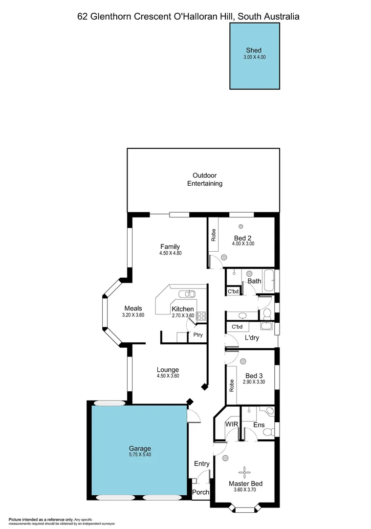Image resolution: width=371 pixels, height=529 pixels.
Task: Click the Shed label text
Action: tap(253, 50)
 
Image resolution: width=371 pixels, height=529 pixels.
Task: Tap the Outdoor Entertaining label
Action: tap(204, 179)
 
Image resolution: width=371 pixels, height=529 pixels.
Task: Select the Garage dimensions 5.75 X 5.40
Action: tap(140, 455)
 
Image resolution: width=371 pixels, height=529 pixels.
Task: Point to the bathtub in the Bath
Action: tap(268, 281)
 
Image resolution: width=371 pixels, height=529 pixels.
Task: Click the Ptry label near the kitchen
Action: tap(198, 336)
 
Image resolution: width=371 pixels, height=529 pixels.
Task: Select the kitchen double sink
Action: tap(187, 294)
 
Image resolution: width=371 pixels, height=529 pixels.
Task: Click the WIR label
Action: tap(231, 424)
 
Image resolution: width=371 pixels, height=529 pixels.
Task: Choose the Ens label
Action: tap(259, 425)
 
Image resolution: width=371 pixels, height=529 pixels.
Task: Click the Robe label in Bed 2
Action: tap(214, 235)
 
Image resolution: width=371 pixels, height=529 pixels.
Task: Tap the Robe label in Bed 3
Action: tap(231, 385)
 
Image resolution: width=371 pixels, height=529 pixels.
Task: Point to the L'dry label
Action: tap(252, 338)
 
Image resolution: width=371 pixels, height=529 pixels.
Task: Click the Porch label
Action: tap(201, 492)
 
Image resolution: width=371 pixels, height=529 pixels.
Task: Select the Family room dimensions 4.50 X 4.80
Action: tap(170, 253)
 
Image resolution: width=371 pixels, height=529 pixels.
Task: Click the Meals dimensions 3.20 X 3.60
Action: tap(133, 315)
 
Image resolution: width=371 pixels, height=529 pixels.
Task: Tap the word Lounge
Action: tap(168, 370)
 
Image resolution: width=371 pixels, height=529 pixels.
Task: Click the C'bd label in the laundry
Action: tap(237, 327)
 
